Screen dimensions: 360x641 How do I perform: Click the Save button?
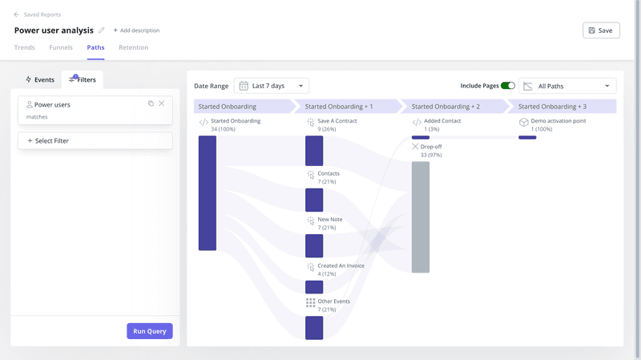(601, 30)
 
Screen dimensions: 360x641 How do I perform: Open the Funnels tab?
(61, 47)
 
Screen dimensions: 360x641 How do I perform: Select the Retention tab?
(133, 47)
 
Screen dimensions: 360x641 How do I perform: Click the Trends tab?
(24, 47)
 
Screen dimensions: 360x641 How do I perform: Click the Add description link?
(136, 30)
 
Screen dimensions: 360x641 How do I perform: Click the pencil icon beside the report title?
(101, 30)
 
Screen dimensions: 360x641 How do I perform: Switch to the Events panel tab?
(40, 80)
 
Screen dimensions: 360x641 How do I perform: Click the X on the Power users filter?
(162, 103)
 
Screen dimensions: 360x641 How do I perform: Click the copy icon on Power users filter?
(151, 103)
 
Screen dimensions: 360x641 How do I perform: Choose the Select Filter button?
(95, 140)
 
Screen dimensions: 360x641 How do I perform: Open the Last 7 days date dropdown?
(272, 86)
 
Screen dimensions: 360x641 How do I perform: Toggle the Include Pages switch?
(508, 86)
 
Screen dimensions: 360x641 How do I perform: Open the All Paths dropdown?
(567, 86)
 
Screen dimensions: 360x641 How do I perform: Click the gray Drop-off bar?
(421, 216)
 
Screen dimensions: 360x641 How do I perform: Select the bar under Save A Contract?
(314, 151)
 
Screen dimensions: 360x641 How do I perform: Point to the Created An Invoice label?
(341, 266)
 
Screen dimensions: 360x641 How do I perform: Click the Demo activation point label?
(558, 121)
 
